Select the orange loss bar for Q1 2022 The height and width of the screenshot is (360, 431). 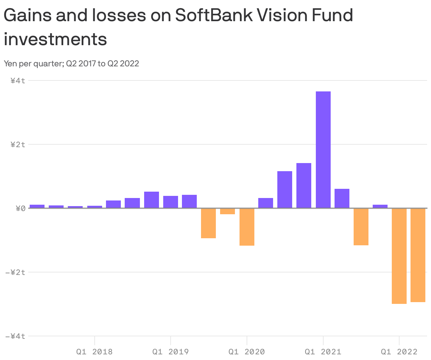pyautogui.click(x=399, y=256)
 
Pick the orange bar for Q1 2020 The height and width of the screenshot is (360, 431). pyautogui.click(x=247, y=227)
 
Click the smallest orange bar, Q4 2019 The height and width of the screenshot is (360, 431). pyautogui.click(x=227, y=211)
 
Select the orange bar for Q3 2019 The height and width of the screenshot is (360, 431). pyautogui.click(x=208, y=223)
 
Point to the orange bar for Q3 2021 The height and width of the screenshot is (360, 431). pyautogui.click(x=361, y=227)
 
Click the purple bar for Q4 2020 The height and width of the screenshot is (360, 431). pyautogui.click(x=303, y=185)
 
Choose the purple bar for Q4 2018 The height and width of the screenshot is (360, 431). pyautogui.click(x=151, y=200)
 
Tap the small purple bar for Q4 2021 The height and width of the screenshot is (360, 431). pyautogui.click(x=380, y=206)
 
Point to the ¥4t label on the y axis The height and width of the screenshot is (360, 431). pyautogui.click(x=18, y=80)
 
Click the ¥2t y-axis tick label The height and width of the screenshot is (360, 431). pyautogui.click(x=18, y=144)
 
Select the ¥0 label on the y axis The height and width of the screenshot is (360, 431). pyautogui.click(x=20, y=208)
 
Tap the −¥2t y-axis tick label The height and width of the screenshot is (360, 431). pyautogui.click(x=15, y=272)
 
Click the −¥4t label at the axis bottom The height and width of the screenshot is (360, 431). pyautogui.click(x=15, y=336)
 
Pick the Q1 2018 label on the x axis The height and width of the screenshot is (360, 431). pyautogui.click(x=94, y=352)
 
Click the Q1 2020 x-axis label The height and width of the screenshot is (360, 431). pyautogui.click(x=247, y=352)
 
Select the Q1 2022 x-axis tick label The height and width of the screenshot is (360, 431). pyautogui.click(x=399, y=352)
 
